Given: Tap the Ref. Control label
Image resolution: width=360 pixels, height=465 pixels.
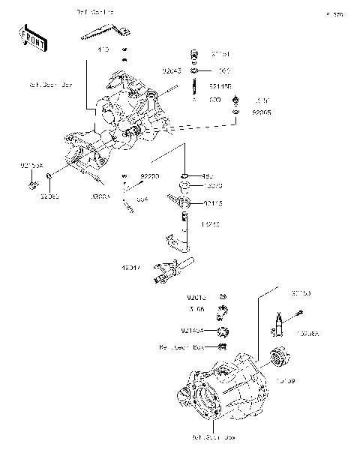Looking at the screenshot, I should [96, 13].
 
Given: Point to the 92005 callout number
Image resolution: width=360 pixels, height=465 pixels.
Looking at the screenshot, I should [261, 111].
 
